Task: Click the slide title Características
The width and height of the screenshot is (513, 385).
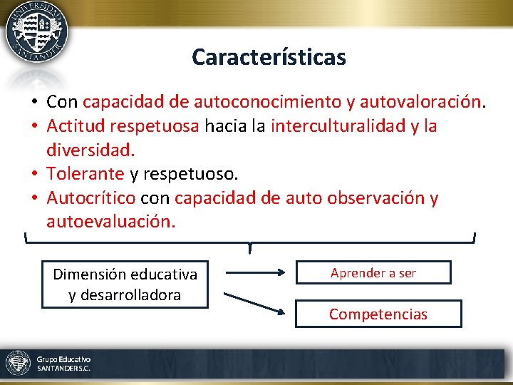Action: point(269,57)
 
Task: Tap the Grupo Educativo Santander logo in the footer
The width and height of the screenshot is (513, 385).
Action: point(48,364)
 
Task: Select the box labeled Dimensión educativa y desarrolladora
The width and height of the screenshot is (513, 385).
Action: point(125,284)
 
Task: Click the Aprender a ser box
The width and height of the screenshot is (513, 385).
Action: point(373,272)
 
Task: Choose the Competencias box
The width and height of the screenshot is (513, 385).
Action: point(378,314)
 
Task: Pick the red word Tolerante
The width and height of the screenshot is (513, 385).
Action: point(85,174)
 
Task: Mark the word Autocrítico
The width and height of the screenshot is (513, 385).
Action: point(90,197)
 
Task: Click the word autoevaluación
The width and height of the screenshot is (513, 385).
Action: point(110,222)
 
